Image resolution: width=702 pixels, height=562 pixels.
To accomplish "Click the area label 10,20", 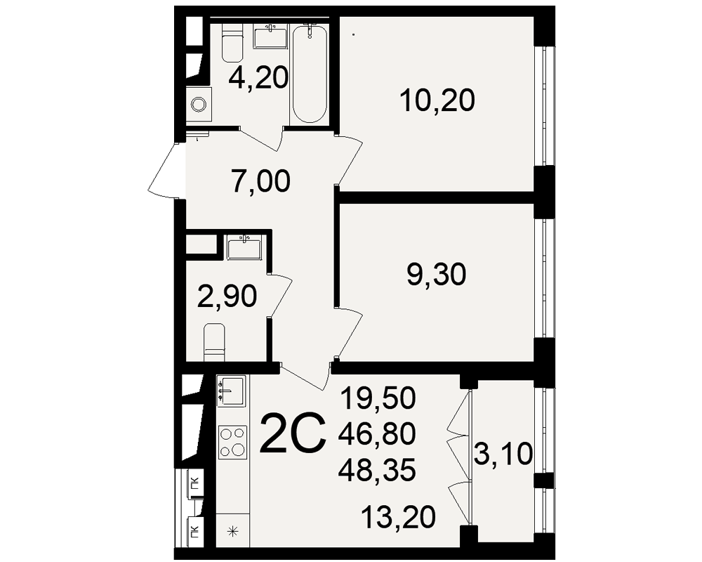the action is pos(437,100).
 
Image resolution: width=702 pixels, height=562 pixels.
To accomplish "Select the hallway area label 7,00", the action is pos(260,181).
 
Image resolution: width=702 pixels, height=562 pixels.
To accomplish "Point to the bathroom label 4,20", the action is pos(258,78).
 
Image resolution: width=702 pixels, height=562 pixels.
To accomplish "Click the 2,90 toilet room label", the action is pos(227,296).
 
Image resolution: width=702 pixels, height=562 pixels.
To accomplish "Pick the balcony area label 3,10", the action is pos(503,454).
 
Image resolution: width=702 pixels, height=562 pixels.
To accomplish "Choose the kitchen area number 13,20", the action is pos(398,517).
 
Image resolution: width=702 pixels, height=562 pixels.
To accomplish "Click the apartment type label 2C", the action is pos(293,433).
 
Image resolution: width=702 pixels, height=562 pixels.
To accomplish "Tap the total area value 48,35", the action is pos(378,470).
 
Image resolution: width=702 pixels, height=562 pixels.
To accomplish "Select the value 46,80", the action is pos(378,434).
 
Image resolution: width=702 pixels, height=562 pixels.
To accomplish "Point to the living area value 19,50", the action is pos(378,398).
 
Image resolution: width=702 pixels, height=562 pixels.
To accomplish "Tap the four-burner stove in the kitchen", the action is pos(232,442).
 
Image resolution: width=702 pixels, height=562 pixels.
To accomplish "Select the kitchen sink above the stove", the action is pos(231,391).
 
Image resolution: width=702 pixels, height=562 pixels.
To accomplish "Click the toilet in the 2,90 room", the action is pos(214,342).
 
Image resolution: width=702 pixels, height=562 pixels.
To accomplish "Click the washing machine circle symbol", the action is pos(199,105).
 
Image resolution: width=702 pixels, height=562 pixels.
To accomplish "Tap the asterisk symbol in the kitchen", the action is pos(233,532).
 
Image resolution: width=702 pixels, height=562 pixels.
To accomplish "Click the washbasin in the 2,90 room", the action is pos(244,247).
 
